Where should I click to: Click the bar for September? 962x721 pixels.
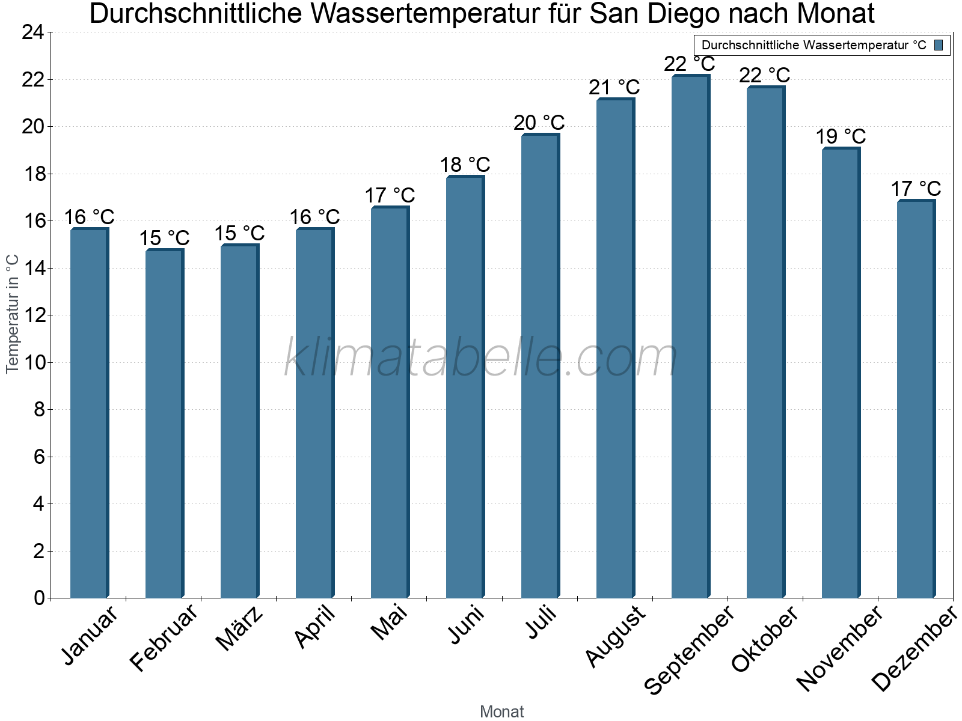[690, 336]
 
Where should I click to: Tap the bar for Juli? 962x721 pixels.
[540, 367]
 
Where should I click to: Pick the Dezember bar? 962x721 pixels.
[916, 400]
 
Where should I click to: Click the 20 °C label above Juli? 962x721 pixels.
[539, 123]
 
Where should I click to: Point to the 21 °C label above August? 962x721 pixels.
[614, 88]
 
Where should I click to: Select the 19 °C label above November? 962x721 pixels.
[841, 137]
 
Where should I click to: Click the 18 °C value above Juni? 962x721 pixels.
[465, 165]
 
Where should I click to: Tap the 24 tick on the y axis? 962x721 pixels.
[32, 32]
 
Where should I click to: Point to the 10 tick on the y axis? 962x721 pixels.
[32, 362]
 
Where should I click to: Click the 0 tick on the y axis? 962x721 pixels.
[39, 598]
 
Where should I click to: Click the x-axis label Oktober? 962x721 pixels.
[765, 638]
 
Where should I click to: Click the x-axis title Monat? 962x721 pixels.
[501, 711]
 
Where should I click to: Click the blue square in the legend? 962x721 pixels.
[939, 45]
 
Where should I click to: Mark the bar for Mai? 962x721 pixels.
[390, 403]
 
